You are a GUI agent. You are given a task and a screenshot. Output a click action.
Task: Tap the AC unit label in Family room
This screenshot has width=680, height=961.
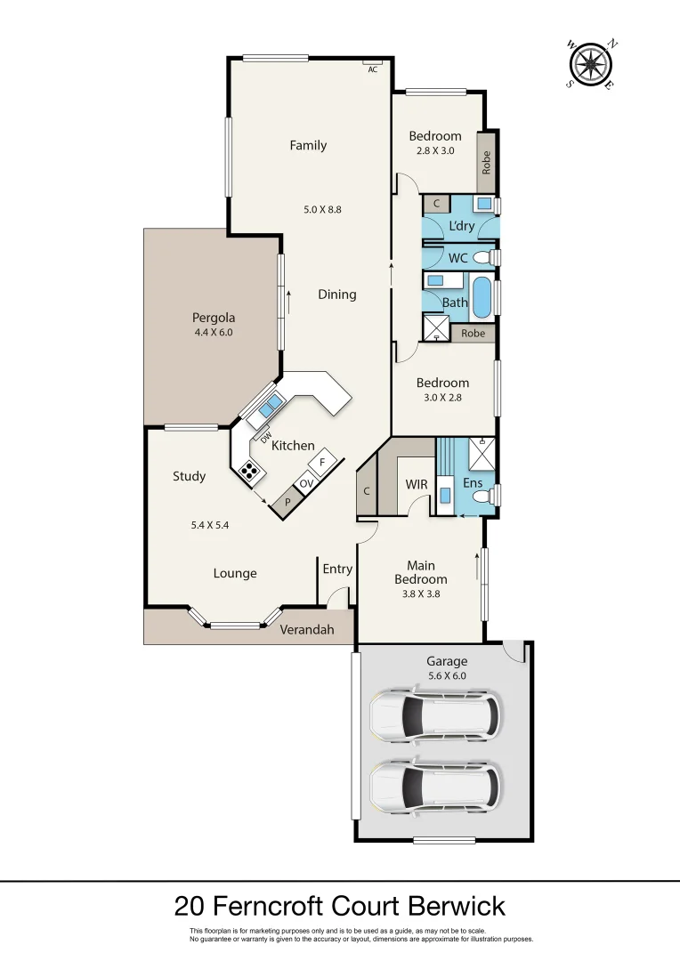pyautogui.click(x=373, y=69)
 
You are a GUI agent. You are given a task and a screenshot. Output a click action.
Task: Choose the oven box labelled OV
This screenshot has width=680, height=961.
pyautogui.click(x=305, y=483)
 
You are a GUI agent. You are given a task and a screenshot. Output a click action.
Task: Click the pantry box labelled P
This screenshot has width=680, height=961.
pyautogui.click(x=287, y=502)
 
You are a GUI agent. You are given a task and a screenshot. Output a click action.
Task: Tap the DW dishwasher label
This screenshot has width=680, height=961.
pyautogui.click(x=265, y=435)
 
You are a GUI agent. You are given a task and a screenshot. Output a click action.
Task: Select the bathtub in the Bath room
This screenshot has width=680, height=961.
pyautogui.click(x=481, y=298)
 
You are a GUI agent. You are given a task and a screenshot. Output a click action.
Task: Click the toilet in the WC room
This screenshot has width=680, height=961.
pyautogui.click(x=483, y=258)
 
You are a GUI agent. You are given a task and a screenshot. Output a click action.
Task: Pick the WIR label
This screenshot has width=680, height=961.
pyautogui.click(x=416, y=484)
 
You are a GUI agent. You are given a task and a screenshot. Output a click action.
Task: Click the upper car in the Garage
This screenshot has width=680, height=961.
pyautogui.click(x=434, y=715)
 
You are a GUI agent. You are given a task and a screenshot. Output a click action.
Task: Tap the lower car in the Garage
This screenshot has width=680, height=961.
pyautogui.click(x=434, y=784)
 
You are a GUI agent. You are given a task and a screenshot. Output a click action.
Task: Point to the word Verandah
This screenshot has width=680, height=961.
pyautogui.click(x=307, y=630)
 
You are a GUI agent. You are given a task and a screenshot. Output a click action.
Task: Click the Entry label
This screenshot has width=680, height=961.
pyautogui.click(x=337, y=569)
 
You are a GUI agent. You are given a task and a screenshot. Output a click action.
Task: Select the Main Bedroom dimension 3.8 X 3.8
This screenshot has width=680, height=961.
pyautogui.click(x=420, y=593)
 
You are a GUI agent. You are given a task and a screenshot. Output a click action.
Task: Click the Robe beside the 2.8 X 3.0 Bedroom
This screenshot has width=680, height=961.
pyautogui.click(x=487, y=162)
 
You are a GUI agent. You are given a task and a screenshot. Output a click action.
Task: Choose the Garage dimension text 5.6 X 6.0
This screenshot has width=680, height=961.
pyautogui.click(x=446, y=675)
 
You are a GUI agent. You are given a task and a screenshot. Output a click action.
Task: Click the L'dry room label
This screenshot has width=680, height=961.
pyautogui.click(x=461, y=226)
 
